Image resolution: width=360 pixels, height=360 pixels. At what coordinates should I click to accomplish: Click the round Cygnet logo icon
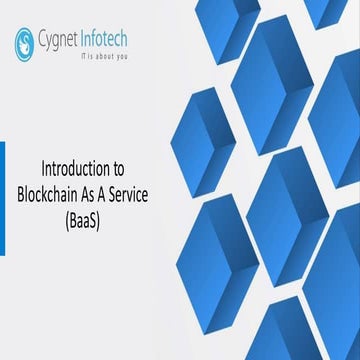(23, 41)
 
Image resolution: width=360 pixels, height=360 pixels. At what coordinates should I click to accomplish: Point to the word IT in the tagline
(83, 57)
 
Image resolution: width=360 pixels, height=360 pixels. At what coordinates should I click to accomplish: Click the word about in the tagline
(104, 57)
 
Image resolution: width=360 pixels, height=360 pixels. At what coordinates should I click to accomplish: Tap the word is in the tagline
(91, 57)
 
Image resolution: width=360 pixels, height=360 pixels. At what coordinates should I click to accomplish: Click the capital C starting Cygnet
(40, 39)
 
